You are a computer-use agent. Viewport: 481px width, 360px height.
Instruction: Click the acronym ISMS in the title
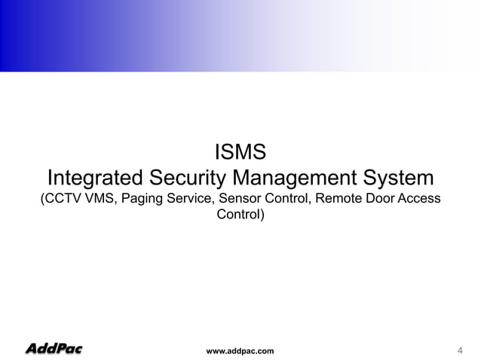coord(240,153)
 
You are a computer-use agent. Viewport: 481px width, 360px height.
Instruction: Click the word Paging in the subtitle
coord(139,200)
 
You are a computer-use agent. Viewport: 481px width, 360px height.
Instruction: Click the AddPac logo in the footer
coord(54,349)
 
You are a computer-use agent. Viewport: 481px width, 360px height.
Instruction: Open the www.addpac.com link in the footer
coord(240,351)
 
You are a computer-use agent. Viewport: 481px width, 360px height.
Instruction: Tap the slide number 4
coord(460,350)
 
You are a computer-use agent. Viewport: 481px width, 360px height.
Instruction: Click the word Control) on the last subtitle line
coord(240,216)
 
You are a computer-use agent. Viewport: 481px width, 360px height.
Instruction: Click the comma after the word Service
coord(213,204)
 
